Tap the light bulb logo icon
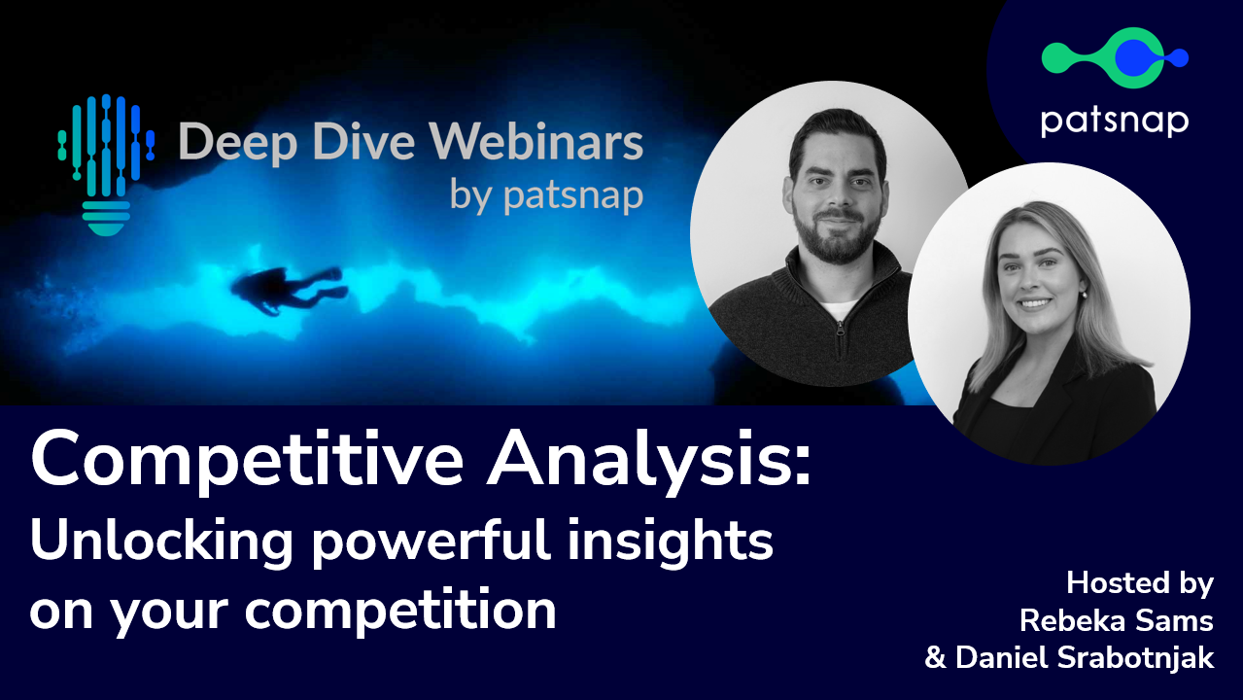105,165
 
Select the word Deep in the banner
237,144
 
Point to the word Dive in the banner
363,142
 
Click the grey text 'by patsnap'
546,195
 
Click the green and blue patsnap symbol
1115,57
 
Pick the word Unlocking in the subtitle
161,542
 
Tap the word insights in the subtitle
670,542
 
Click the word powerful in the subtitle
431,542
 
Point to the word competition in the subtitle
400,610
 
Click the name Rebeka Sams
1117,620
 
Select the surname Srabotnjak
1135,658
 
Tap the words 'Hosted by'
1140,584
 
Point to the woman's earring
1083,295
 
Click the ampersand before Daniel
936,658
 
